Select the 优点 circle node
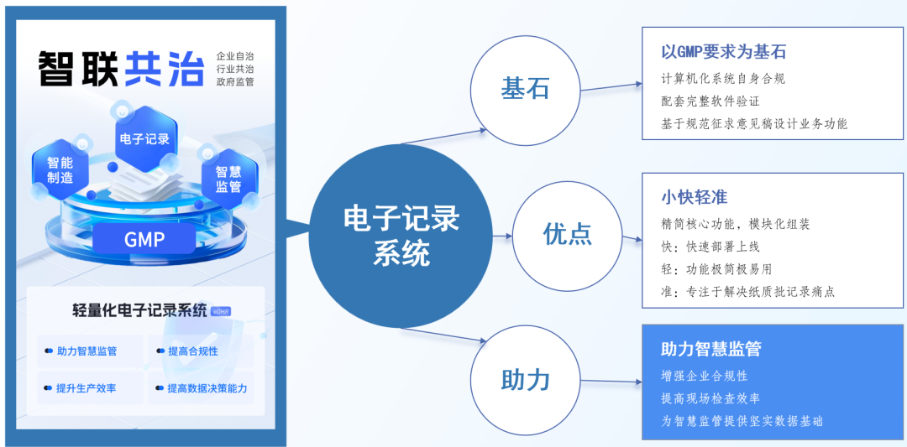[567, 234]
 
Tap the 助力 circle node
[525, 380]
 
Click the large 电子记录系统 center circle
[402, 236]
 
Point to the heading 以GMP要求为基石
[723, 52]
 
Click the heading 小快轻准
[694, 198]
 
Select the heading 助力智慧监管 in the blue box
[710, 350]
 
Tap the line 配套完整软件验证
[710, 101]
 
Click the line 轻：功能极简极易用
[716, 268]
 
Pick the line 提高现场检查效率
[710, 398]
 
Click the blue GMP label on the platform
[144, 239]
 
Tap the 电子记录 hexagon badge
[145, 139]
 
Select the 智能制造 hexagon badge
[60, 170]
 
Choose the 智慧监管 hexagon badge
[228, 179]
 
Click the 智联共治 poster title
[121, 68]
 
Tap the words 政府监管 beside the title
[235, 82]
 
